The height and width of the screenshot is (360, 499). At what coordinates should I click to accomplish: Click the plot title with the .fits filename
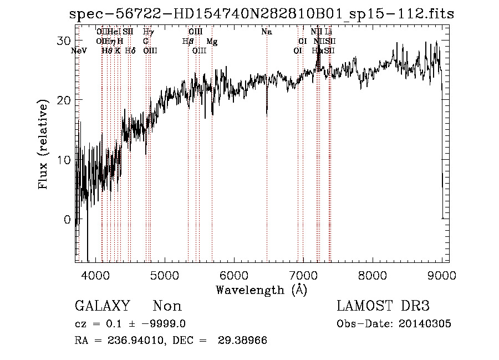(x=261, y=14)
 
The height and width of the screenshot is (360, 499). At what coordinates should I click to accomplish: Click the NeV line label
(x=80, y=50)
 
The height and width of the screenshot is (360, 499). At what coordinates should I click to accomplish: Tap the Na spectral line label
(x=267, y=32)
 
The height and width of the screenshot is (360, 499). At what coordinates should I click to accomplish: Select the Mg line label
(x=212, y=42)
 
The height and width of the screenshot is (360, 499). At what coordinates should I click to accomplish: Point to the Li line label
(x=328, y=32)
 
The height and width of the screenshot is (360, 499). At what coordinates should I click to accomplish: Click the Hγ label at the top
(x=148, y=32)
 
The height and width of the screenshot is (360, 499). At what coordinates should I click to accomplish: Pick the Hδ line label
(x=130, y=50)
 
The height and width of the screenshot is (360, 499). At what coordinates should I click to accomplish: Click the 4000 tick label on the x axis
(x=96, y=276)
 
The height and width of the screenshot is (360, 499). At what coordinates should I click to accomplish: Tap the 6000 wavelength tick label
(x=233, y=276)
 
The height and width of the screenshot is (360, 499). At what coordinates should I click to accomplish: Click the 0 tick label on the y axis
(x=68, y=220)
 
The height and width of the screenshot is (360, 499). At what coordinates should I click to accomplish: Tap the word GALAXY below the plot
(x=102, y=306)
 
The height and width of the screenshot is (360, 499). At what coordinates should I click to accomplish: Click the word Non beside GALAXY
(x=167, y=306)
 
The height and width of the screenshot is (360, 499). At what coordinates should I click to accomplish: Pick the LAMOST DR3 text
(x=383, y=306)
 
